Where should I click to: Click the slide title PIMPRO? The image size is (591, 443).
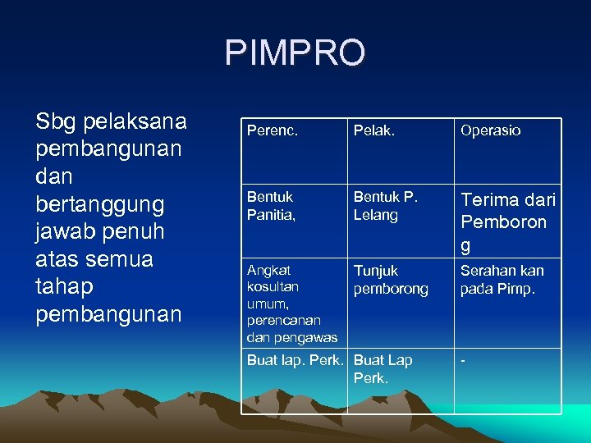295,53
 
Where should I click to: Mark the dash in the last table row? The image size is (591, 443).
463,360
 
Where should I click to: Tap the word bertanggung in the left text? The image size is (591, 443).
100,203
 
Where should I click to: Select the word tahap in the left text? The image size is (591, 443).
64,287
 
